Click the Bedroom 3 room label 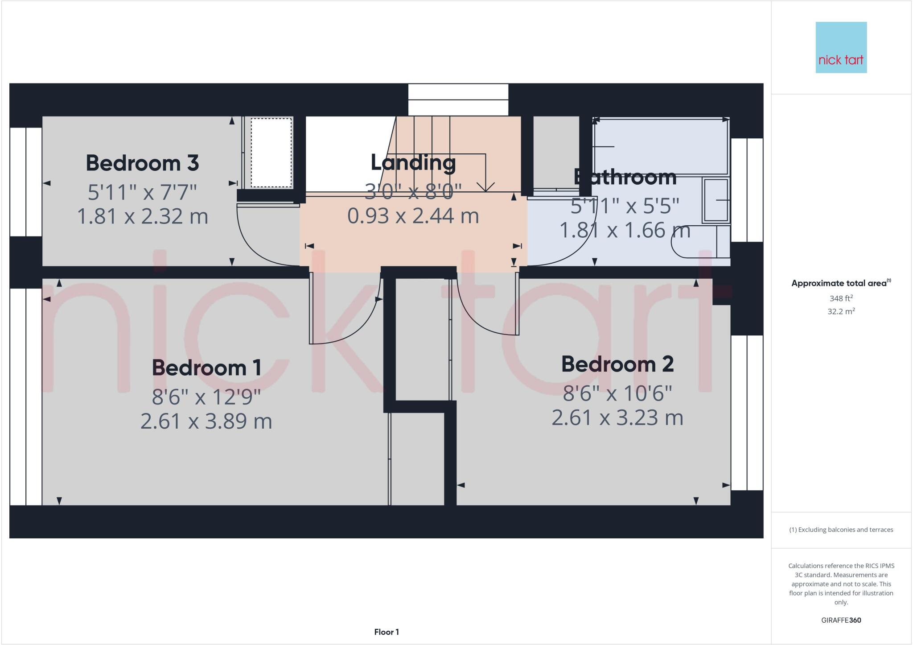click(x=142, y=163)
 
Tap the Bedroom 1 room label click(x=206, y=368)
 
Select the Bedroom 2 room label click(x=617, y=364)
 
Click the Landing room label click(x=413, y=163)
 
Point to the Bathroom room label click(x=625, y=178)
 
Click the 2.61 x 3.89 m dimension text click(x=206, y=422)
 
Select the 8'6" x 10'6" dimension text click(x=617, y=393)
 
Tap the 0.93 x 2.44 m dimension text click(x=413, y=216)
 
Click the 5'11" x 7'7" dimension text click(x=142, y=193)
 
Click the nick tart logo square click(x=841, y=47)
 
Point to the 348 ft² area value click(x=841, y=298)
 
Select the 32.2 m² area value click(x=841, y=311)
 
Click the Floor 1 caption click(x=387, y=632)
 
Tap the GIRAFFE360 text click(x=841, y=620)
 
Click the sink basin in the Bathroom click(x=716, y=200)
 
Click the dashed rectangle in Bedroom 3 click(x=271, y=153)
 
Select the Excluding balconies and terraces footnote click(x=841, y=530)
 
